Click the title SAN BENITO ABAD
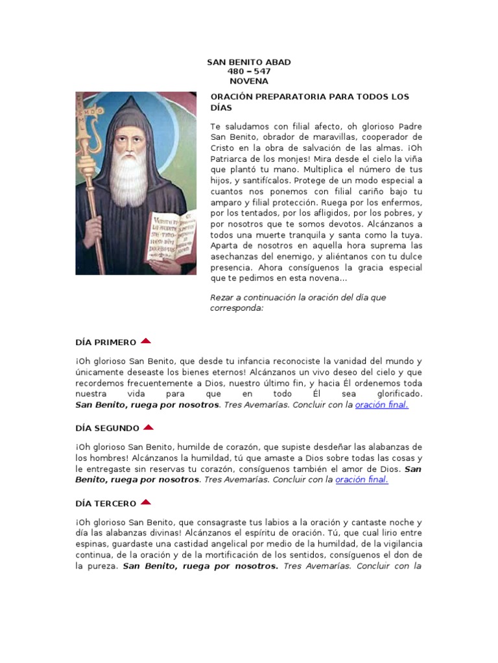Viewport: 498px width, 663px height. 248,62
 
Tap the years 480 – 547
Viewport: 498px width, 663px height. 249,72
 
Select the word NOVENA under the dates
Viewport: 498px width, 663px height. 249,82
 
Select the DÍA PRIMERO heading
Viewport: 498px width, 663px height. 106,342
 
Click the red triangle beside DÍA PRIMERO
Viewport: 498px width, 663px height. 146,341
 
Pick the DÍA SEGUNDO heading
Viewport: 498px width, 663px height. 108,428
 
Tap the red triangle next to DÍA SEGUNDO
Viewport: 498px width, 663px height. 148,427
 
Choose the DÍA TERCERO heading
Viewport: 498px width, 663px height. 106,503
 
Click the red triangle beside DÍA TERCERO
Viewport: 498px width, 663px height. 145,502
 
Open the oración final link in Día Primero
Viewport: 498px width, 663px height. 382,405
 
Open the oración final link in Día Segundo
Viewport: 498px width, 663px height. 362,480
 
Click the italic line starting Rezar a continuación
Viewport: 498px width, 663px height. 298,297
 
